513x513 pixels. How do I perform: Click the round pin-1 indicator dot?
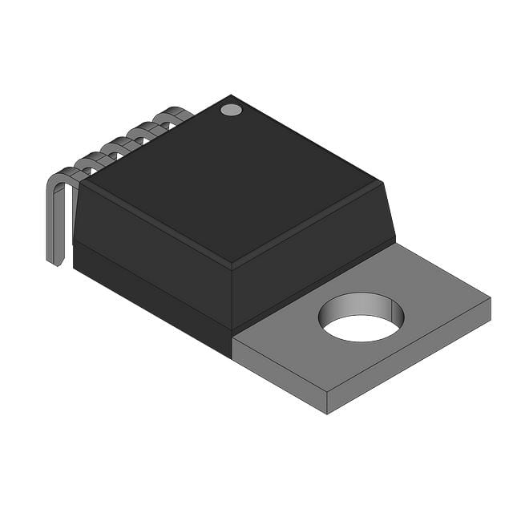tap(231, 110)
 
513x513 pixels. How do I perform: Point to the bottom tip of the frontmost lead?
tap(55, 261)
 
